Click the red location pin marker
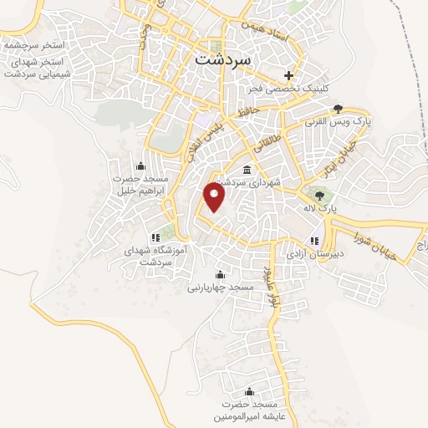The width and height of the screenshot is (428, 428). pyautogui.click(x=216, y=197)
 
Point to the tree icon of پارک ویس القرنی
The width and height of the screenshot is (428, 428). pyautogui.click(x=338, y=109)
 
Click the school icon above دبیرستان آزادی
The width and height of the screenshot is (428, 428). pyautogui.click(x=313, y=242)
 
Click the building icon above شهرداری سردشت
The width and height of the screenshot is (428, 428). pyautogui.click(x=246, y=170)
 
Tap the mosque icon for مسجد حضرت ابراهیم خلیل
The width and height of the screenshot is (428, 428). pyautogui.click(x=140, y=165)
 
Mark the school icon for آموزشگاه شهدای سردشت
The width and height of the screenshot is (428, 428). pyautogui.click(x=155, y=237)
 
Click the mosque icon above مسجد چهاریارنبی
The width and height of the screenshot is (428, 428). pyautogui.click(x=221, y=275)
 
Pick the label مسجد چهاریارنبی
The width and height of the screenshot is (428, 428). pyautogui.click(x=220, y=287)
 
